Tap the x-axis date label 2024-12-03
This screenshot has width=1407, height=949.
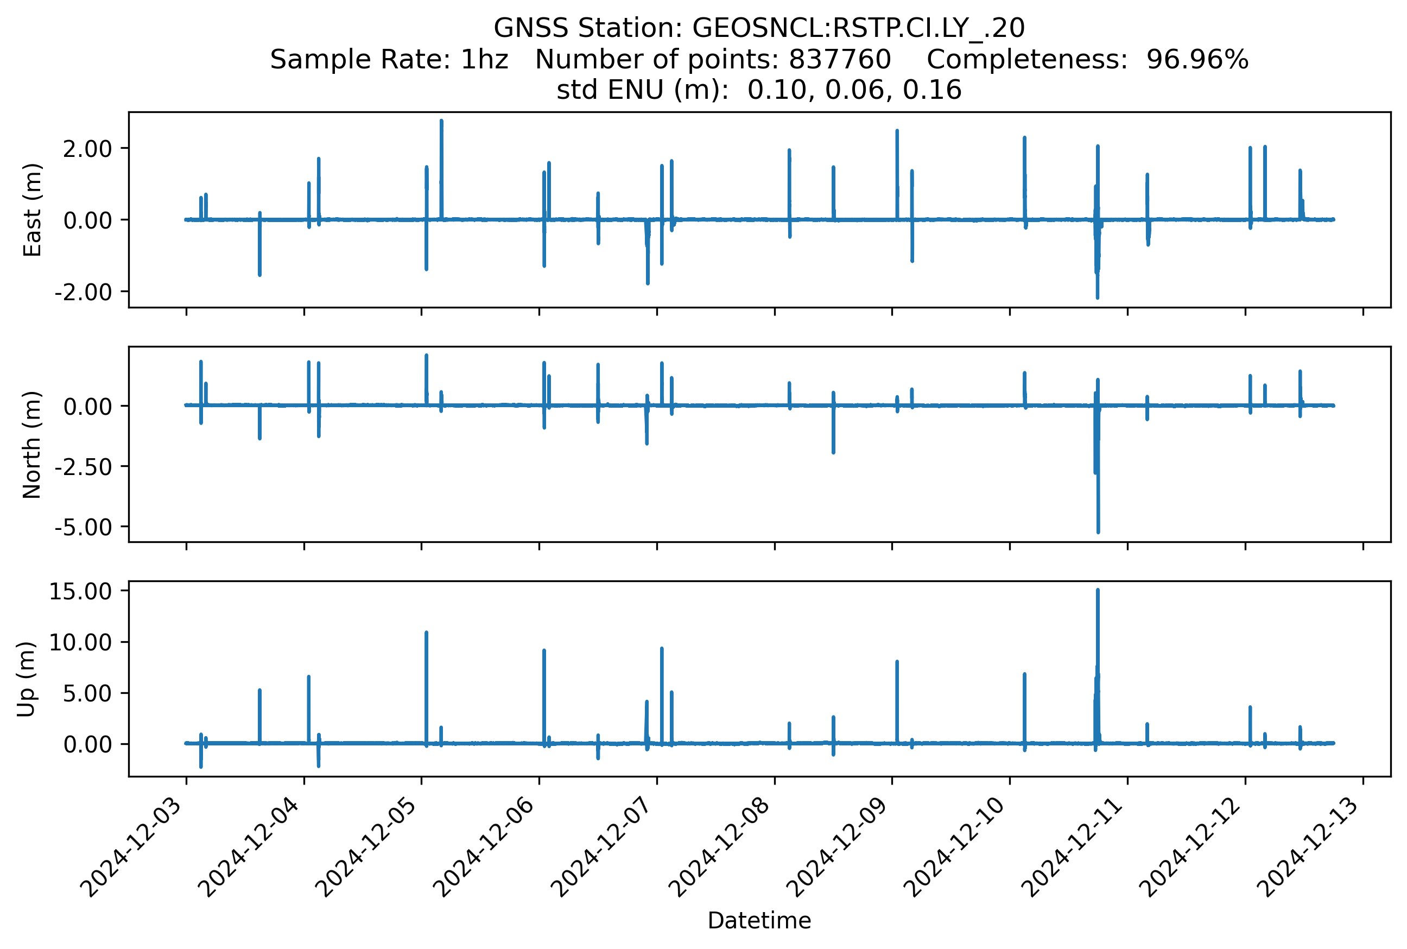pos(141,848)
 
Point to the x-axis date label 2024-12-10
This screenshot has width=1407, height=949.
pos(964,848)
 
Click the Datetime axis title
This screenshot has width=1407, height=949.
pos(759,921)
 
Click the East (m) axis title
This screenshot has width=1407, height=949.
pos(32,210)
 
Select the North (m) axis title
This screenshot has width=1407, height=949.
pos(32,445)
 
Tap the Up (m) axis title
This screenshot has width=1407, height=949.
pos(26,679)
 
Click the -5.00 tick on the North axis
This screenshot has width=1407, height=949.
pos(84,527)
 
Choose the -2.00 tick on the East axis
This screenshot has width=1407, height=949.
pos(84,292)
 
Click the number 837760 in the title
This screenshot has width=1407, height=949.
pos(839,59)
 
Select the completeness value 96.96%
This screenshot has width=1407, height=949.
pos(1197,59)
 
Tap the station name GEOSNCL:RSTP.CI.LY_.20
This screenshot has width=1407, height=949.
pos(858,28)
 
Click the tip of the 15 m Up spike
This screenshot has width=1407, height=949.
pos(1097,590)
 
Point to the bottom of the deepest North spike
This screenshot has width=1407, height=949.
pos(1098,533)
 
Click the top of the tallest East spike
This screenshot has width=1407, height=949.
pos(441,121)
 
